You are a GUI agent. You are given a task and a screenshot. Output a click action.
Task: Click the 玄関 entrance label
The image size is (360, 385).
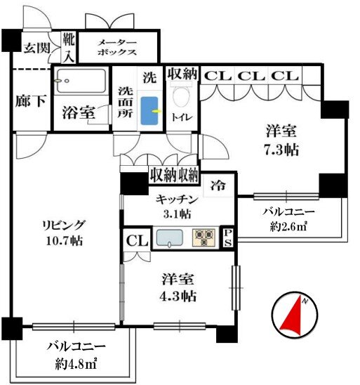[37, 48]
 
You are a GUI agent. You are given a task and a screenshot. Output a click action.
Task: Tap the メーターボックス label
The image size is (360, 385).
[117, 47]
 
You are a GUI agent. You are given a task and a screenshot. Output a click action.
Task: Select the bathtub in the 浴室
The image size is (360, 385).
[81, 80]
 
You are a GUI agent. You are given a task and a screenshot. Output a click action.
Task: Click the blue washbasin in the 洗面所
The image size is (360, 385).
[149, 111]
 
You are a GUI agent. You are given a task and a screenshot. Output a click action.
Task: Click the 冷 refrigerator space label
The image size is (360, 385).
[218, 185]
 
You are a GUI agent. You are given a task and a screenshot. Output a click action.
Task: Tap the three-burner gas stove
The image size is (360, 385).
[204, 237]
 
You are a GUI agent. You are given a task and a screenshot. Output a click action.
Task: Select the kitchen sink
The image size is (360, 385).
[170, 237]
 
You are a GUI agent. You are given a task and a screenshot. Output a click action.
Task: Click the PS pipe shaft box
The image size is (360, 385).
[228, 237]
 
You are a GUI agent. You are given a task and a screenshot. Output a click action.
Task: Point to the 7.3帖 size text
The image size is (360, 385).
[281, 150]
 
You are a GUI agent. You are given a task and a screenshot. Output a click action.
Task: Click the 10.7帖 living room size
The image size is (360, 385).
[65, 241]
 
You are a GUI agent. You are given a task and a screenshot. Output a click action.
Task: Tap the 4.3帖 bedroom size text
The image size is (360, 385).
[178, 296]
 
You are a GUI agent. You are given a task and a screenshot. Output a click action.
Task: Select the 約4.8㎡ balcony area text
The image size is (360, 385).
[76, 364]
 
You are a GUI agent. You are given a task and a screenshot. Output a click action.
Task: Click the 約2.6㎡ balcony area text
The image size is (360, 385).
[288, 226]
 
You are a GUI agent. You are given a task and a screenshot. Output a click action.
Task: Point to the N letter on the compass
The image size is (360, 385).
[305, 301]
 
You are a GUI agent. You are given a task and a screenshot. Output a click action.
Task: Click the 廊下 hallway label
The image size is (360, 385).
[31, 100]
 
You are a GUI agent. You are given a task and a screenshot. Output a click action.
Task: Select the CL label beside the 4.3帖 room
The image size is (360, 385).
[137, 241]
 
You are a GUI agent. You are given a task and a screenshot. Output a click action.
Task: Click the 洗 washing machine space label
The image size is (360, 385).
[149, 77]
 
